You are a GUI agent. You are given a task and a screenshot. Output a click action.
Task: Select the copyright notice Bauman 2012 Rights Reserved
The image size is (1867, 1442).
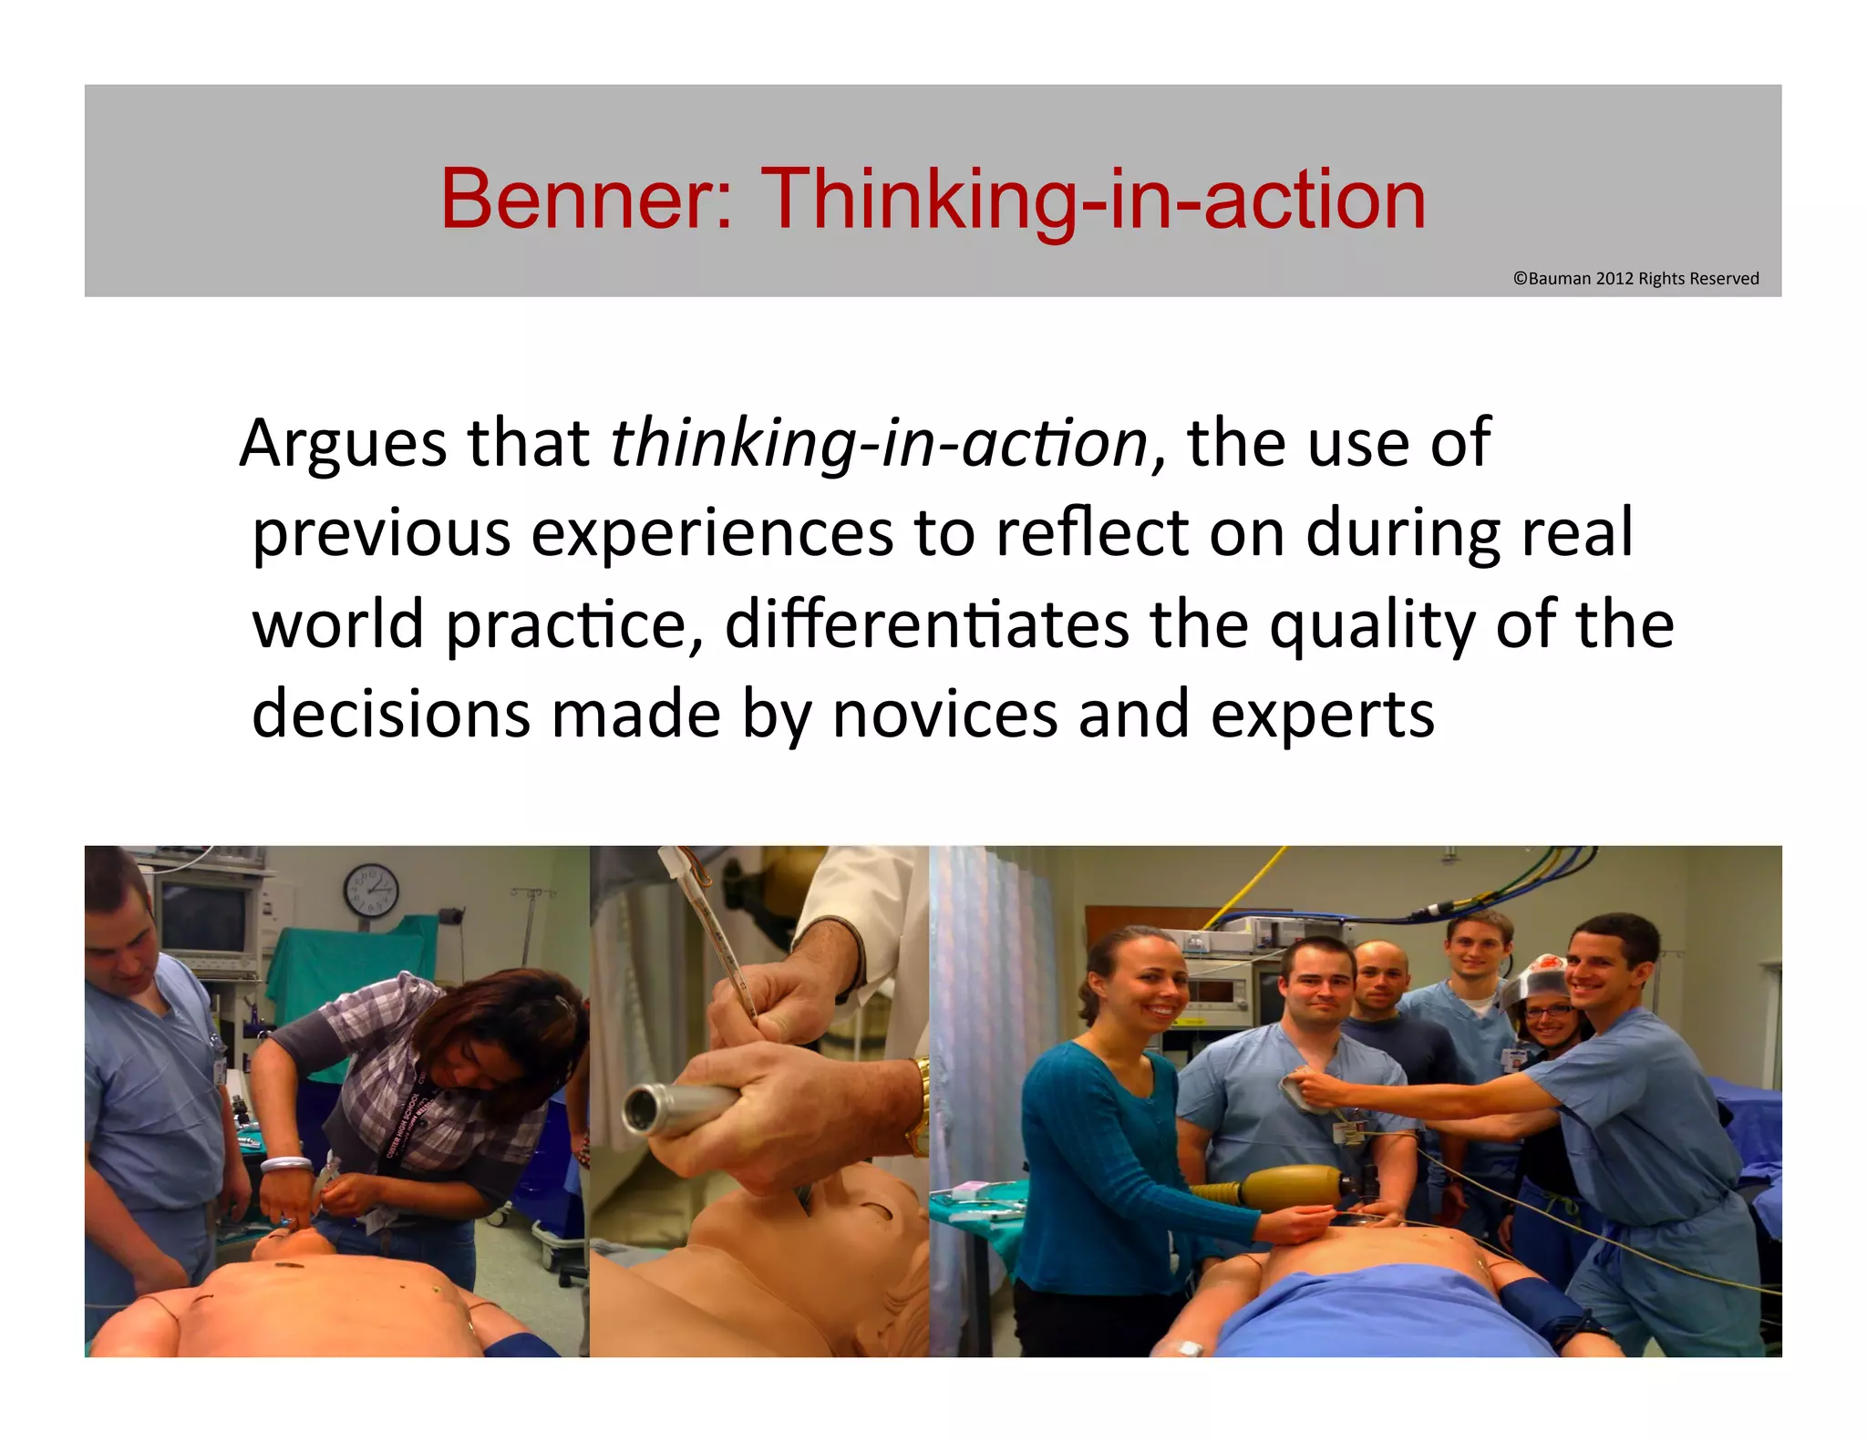pos(1635,279)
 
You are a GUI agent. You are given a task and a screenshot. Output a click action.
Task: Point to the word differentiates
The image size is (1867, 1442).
pos(926,624)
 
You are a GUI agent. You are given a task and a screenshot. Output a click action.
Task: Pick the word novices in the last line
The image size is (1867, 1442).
pos(944,715)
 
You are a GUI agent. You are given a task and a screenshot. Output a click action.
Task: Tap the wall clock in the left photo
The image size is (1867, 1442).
pos(370,890)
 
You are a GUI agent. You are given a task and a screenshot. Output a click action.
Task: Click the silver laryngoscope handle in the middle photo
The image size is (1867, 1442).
pos(675,1107)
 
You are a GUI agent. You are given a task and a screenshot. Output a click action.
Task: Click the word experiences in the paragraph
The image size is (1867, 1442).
pos(711,534)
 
